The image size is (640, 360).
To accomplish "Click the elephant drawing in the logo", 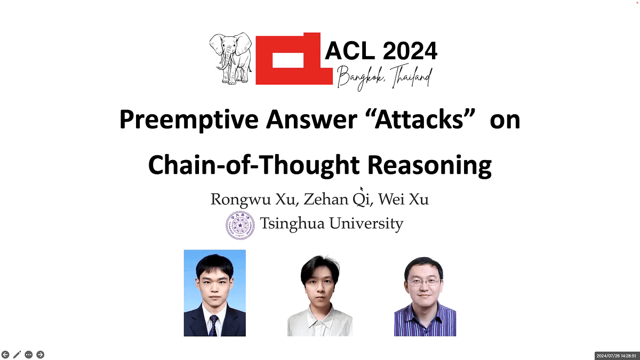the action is tap(230, 58).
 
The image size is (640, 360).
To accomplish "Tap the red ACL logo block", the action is tap(294, 59).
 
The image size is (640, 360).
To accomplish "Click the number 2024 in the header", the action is tap(410, 51).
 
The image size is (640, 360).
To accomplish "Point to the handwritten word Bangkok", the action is tap(361, 78).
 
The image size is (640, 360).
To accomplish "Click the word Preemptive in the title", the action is tap(189, 119).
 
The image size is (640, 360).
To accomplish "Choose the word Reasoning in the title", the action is tap(429, 165).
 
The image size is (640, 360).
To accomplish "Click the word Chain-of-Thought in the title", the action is tap(254, 165).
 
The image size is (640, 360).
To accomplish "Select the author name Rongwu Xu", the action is tap(253, 199).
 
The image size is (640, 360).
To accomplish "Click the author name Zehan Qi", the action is tap(337, 199).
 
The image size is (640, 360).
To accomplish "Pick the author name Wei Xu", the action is tap(403, 199).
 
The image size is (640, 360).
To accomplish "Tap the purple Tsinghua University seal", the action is tap(240, 226).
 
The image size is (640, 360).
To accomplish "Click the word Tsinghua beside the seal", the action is tap(292, 223).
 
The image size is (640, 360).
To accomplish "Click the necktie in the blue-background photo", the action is tap(213, 325).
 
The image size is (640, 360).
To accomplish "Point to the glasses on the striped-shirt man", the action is tap(424, 283).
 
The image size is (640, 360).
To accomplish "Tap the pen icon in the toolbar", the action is tap(17, 355).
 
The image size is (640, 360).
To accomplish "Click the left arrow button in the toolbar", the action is tap(5, 355).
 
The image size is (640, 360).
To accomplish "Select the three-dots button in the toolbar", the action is tap(29, 355).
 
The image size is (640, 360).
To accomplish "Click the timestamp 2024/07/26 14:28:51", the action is tap(617, 356).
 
